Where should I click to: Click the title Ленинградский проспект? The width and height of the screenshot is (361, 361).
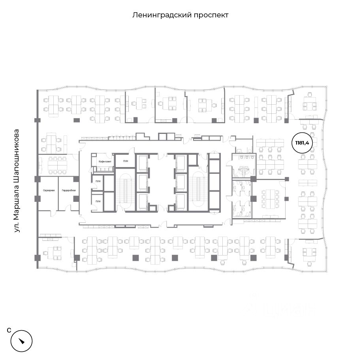(180, 15)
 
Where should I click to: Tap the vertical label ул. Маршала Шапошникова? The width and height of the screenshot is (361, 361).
(17, 180)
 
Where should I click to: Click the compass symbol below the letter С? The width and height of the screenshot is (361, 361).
(21, 339)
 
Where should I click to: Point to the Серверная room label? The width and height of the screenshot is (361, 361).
(49, 191)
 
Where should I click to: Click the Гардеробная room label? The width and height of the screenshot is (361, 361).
(68, 191)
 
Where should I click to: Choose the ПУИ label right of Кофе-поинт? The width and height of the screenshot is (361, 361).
(126, 162)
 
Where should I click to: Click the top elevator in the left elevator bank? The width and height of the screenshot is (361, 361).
(142, 162)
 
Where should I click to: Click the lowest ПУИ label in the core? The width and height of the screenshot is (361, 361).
(98, 202)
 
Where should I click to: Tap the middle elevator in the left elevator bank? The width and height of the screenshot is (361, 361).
(142, 182)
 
